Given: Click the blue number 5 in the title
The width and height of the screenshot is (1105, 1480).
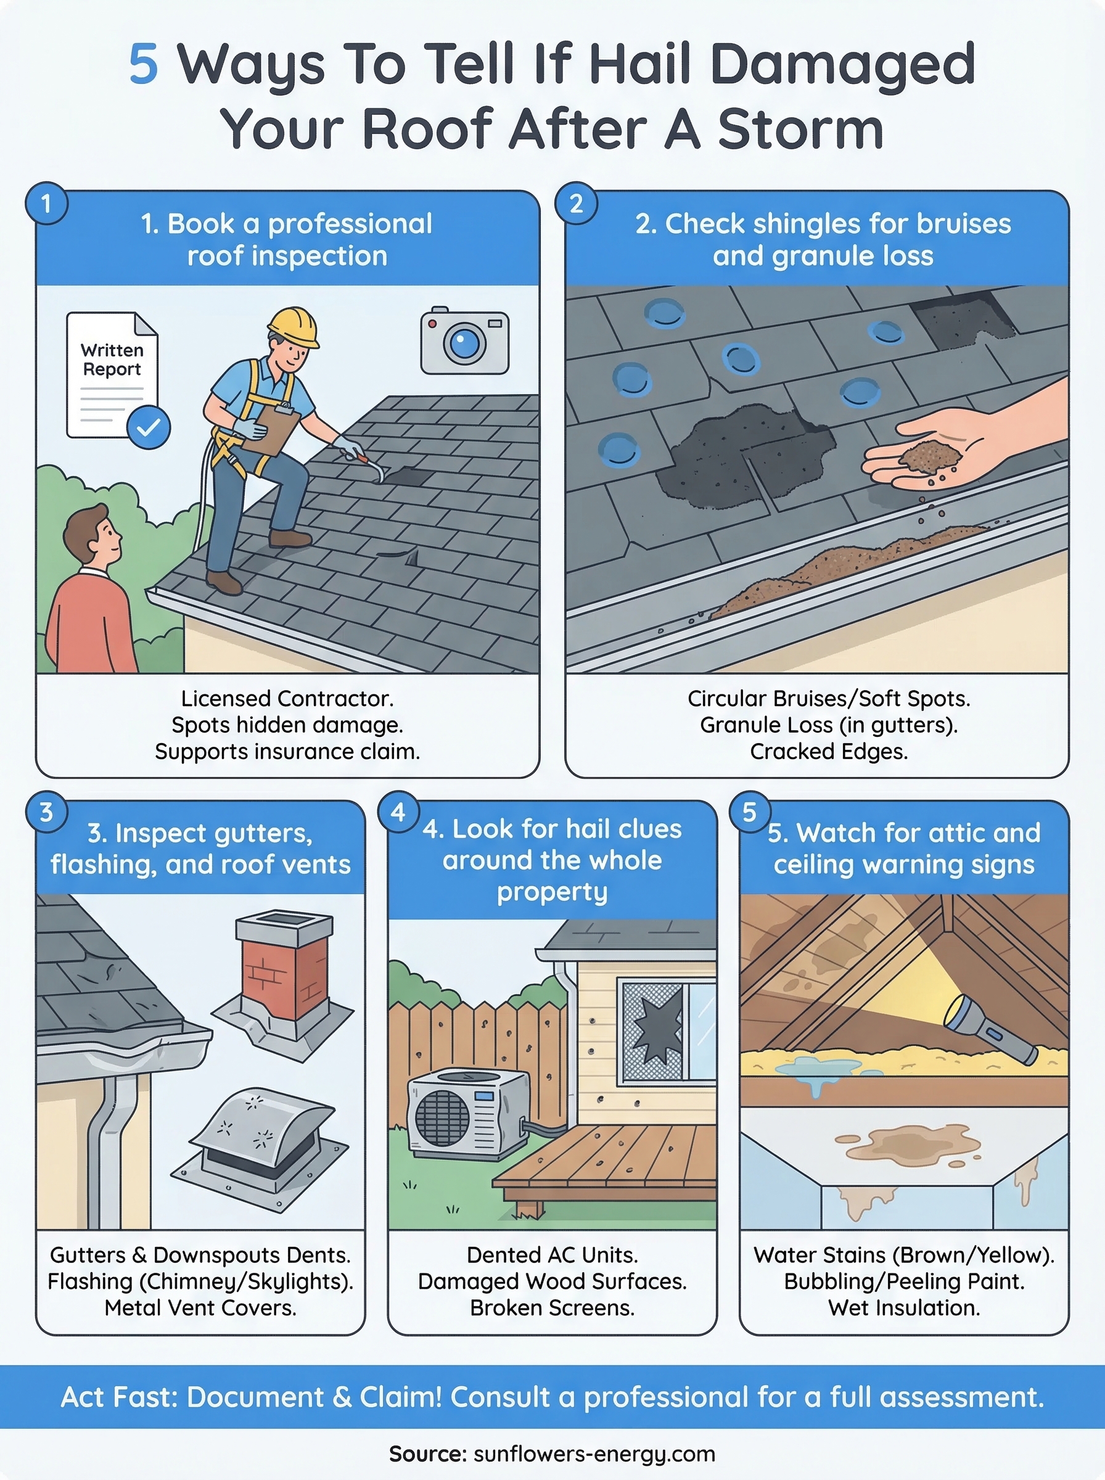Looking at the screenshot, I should click(x=143, y=65).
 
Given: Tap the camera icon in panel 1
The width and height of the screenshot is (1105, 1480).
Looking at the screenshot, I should click(x=464, y=342).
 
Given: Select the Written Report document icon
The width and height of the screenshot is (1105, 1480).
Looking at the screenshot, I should click(x=112, y=374).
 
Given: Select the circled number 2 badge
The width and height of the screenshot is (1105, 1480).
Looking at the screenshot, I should click(x=575, y=203).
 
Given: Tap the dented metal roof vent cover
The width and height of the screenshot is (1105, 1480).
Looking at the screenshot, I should click(x=264, y=1133).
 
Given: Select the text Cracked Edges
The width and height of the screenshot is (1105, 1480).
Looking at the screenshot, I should click(x=828, y=752).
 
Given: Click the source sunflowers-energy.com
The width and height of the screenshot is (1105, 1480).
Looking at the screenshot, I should click(x=594, y=1454).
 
